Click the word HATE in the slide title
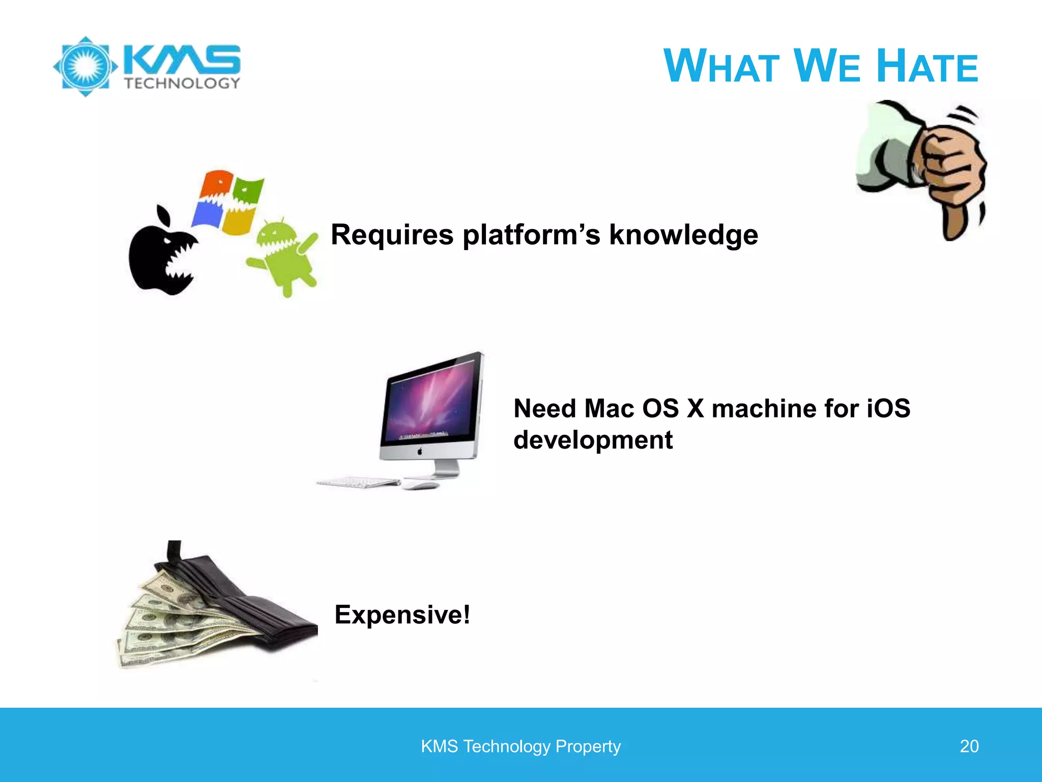tap(927, 66)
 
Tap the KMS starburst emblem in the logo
tap(85, 67)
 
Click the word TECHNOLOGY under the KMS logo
tap(182, 83)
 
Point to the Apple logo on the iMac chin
tap(420, 451)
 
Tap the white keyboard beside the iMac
tap(359, 482)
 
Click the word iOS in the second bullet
tap(888, 408)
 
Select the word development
tap(593, 440)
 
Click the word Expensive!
tap(402, 615)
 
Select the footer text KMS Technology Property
tap(520, 746)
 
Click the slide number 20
tap(969, 746)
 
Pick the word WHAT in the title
tap(721, 66)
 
